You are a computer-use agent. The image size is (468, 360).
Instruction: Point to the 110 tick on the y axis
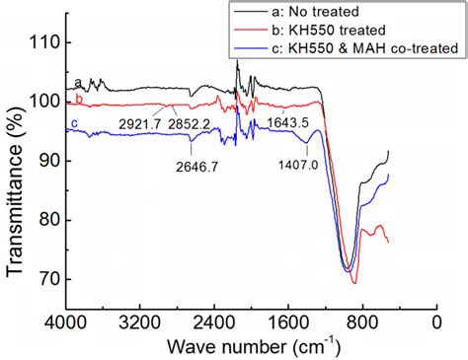pyautogui.click(x=45, y=42)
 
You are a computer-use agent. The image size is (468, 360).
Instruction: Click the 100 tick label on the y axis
pyautogui.click(x=45, y=102)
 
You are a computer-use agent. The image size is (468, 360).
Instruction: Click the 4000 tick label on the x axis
pyautogui.click(x=66, y=323)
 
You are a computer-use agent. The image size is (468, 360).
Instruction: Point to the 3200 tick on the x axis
pyautogui.click(x=140, y=323)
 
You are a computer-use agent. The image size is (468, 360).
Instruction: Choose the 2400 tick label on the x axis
pyautogui.click(x=214, y=323)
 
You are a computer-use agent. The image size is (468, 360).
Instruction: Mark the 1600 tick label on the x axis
pyautogui.click(x=288, y=323)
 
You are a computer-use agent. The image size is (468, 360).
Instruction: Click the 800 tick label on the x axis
pyautogui.click(x=362, y=323)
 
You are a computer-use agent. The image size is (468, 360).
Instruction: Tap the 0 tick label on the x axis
pyautogui.click(x=436, y=323)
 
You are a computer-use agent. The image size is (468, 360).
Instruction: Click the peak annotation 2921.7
pyautogui.click(x=146, y=123)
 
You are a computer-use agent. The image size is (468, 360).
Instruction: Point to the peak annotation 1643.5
pyautogui.click(x=290, y=122)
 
